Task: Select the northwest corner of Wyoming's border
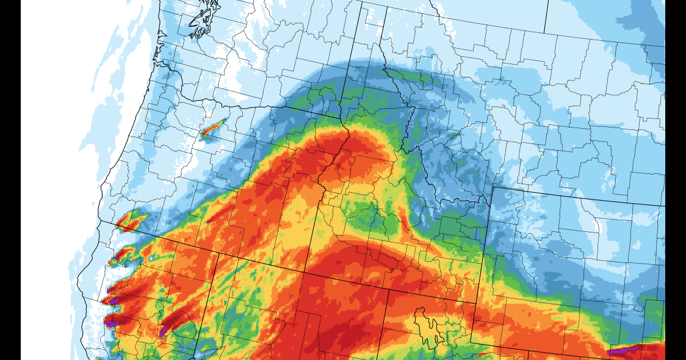coord(491,187)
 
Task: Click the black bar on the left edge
coord(10,180)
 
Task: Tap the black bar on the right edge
coord(676,180)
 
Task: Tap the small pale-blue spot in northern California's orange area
coord(151,259)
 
